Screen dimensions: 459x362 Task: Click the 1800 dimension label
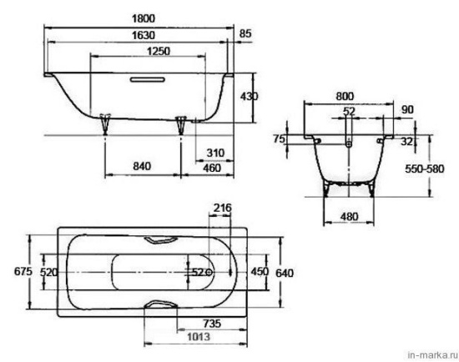click(144, 18)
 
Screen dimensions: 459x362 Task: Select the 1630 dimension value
click(144, 35)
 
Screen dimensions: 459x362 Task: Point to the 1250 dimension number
click(159, 51)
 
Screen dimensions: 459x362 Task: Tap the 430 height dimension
click(250, 96)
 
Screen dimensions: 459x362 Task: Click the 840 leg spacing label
click(142, 166)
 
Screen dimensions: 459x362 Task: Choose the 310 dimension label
click(215, 153)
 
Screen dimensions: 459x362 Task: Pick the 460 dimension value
click(212, 168)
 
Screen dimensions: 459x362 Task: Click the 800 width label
click(345, 96)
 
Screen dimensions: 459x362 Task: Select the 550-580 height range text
click(425, 168)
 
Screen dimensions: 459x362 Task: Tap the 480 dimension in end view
click(349, 217)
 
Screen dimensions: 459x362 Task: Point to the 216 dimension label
click(222, 208)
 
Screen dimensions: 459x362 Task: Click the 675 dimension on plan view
click(23, 272)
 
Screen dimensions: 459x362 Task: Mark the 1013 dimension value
click(199, 336)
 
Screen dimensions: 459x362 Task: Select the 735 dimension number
click(212, 324)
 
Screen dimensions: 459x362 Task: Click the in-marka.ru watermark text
click(433, 355)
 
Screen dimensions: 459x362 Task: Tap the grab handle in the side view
click(148, 79)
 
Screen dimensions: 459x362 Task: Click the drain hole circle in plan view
click(209, 273)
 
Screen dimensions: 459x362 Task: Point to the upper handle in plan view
click(160, 240)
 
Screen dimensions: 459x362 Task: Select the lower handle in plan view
click(161, 304)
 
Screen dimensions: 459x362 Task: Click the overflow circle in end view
click(348, 144)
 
